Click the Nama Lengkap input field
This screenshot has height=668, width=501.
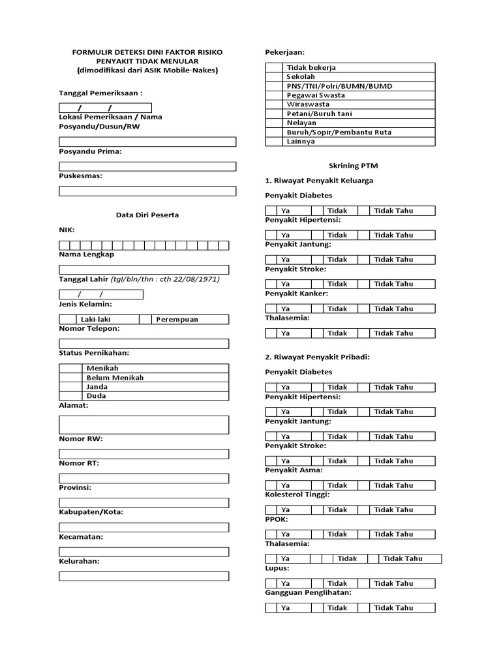[144, 269]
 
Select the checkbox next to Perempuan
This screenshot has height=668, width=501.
[145, 320]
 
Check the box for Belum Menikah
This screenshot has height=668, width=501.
[71, 378]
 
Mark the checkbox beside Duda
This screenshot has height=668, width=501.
[71, 396]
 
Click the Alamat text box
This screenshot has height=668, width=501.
[144, 425]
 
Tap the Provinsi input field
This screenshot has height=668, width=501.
[144, 502]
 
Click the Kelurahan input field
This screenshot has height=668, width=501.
[144, 576]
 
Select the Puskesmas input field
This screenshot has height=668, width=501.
[147, 191]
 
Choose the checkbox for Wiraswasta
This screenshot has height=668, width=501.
[274, 104]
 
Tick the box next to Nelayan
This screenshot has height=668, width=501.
[274, 123]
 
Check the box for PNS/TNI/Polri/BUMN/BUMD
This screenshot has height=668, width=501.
[274, 86]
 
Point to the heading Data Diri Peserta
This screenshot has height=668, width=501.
[147, 215]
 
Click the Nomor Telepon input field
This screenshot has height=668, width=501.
[144, 344]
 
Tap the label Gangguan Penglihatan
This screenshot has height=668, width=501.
[308, 592]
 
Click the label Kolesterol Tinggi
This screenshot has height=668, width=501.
[297, 494]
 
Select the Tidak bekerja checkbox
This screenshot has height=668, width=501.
[274, 67]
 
